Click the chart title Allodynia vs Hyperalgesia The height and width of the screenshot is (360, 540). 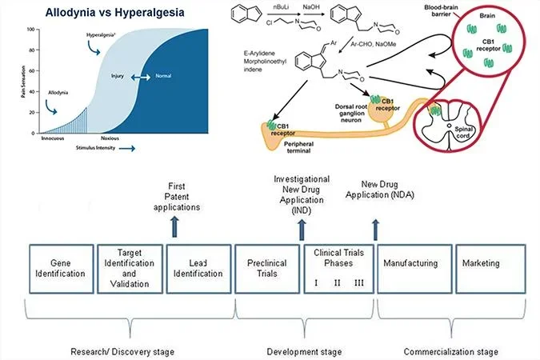(101, 14)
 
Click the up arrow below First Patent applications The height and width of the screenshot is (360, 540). (175, 227)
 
